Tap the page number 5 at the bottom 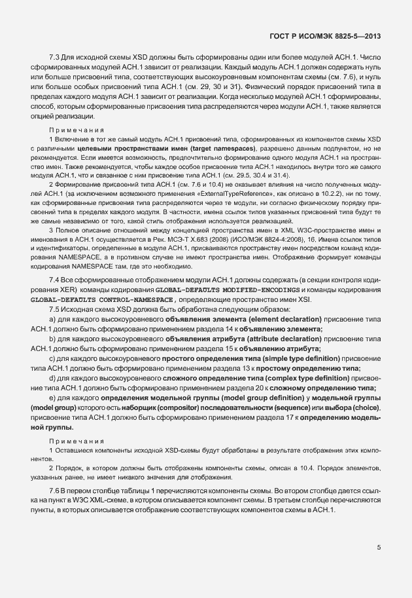click(x=379, y=548)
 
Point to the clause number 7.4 click(x=55, y=280)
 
